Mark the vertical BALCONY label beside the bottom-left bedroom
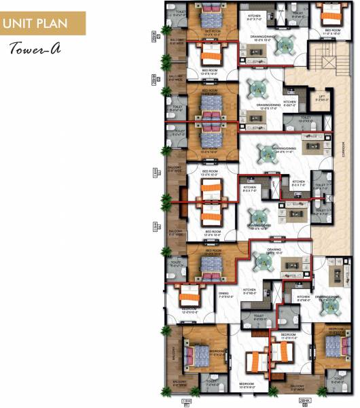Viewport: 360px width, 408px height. coord(172,350)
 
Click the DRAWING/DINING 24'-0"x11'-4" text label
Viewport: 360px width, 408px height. coord(284,150)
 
